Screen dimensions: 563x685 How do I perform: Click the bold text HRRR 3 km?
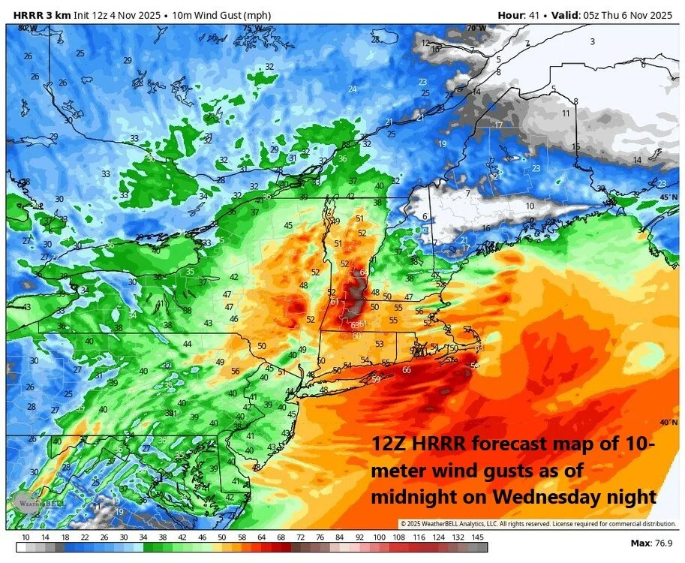pyautogui.click(x=37, y=15)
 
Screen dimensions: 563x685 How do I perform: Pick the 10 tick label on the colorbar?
pyautogui.click(x=26, y=537)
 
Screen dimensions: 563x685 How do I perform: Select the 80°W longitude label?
pyautogui.click(x=27, y=28)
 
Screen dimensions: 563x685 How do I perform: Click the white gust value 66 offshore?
pyautogui.click(x=407, y=370)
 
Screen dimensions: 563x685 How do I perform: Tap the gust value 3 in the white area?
pyautogui.click(x=592, y=41)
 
